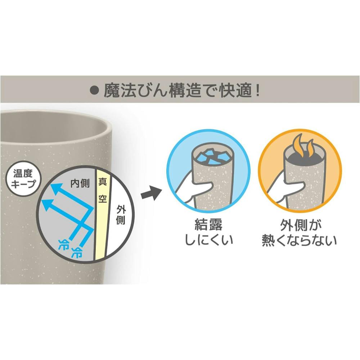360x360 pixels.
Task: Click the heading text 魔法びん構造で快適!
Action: (x=182, y=91)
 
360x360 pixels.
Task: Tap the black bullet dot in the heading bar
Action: (x=94, y=91)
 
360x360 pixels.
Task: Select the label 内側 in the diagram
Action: (x=80, y=184)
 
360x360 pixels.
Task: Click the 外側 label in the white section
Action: (x=121, y=215)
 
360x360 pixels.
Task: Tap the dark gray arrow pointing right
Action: (x=150, y=193)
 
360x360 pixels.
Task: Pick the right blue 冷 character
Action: (x=77, y=252)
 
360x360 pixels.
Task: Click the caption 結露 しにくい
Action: (x=209, y=231)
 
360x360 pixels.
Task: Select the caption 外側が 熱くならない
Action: (x=300, y=233)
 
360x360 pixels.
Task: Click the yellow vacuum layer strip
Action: (x=102, y=215)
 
